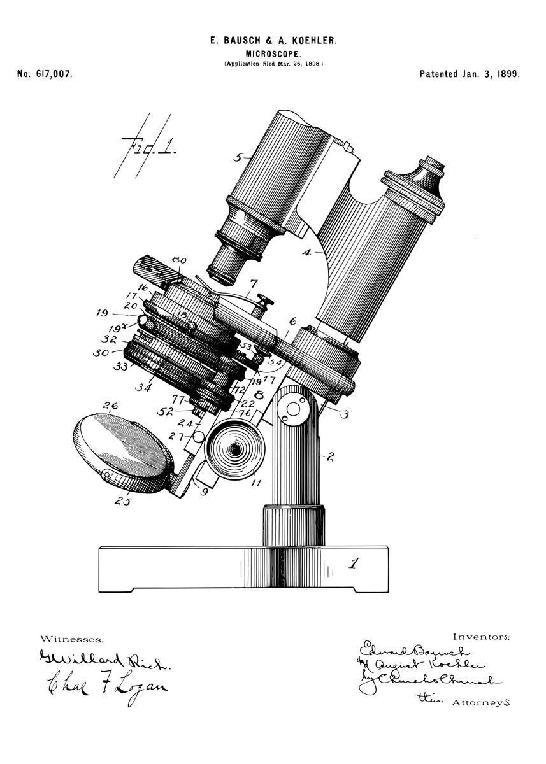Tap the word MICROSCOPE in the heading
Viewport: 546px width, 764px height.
(273, 55)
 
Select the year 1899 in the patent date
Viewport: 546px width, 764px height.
(507, 74)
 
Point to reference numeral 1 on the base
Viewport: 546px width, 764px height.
(354, 563)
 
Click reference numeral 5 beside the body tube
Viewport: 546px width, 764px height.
(238, 157)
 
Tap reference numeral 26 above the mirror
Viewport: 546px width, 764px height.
(110, 406)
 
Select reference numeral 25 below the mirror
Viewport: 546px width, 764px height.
(124, 501)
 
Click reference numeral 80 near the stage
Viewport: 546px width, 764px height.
(179, 260)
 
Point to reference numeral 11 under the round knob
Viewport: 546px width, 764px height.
(256, 483)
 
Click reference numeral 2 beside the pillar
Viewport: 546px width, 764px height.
(330, 456)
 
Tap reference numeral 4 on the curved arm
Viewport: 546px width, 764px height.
(306, 252)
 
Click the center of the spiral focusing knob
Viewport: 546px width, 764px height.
(236, 449)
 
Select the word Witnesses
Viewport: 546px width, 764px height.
(71, 638)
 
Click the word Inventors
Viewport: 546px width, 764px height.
(480, 636)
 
